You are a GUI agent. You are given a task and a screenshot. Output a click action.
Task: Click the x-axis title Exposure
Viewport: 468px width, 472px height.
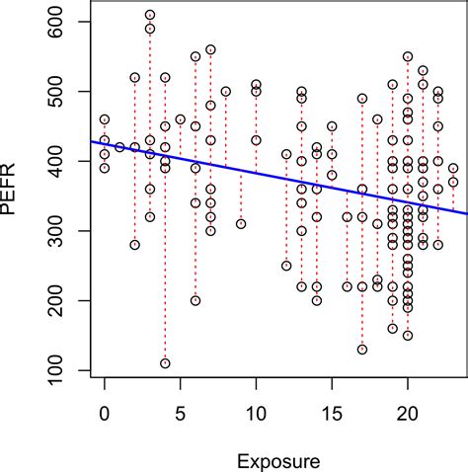(x=278, y=459)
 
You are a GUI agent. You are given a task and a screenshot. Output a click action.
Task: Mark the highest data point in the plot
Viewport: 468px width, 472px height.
(x=150, y=15)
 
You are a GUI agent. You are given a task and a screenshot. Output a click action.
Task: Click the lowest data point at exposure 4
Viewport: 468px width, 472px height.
(x=165, y=363)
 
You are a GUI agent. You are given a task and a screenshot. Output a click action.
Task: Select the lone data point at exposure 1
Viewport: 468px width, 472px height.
(x=119, y=147)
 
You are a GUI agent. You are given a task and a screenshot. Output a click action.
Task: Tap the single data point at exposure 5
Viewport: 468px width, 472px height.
(x=181, y=119)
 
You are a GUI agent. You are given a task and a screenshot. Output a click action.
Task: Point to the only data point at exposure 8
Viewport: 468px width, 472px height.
(x=226, y=92)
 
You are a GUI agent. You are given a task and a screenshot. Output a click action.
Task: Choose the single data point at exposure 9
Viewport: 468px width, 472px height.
(x=241, y=224)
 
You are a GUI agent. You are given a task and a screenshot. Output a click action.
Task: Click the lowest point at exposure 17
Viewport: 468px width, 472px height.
(x=362, y=350)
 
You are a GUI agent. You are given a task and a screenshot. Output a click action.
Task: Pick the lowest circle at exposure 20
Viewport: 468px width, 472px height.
(x=408, y=336)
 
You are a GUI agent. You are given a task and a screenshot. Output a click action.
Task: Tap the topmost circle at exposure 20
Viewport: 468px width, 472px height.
(x=408, y=57)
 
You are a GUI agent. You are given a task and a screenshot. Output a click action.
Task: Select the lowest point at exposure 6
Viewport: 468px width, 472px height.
(x=195, y=300)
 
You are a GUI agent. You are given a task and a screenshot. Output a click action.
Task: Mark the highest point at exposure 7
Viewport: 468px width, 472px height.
(x=210, y=49)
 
